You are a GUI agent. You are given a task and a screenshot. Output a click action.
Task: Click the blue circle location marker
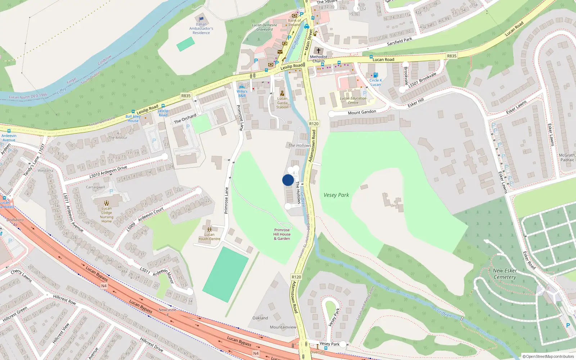coord(288,180)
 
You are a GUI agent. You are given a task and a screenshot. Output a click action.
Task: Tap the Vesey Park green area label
coord(336,195)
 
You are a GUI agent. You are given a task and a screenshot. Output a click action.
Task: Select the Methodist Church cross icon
coord(318,51)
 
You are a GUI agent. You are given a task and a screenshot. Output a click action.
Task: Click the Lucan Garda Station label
coord(282,103)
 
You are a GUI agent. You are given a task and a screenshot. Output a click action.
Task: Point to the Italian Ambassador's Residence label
coord(201,28)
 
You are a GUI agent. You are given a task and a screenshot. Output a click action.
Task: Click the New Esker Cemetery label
coord(505,274)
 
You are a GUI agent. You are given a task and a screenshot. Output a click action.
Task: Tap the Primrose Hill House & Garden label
coord(282,234)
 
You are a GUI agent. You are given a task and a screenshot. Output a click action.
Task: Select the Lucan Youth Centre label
coord(209,237)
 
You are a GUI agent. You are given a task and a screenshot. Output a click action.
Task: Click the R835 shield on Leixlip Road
coord(186,96)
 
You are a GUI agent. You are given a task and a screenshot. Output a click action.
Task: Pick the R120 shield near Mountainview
coord(296,277)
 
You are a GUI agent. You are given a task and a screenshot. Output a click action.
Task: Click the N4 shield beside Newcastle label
coord(104,286)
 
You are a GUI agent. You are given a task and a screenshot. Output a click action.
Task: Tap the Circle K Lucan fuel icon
coord(375,75)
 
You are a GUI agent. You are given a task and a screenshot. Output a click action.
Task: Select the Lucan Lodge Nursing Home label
coord(107,215)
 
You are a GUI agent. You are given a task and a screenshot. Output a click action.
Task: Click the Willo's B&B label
coord(242,93)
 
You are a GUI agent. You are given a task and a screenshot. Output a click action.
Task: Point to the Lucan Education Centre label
coord(353,100)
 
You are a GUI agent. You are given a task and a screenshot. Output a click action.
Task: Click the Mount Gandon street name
coord(362,112)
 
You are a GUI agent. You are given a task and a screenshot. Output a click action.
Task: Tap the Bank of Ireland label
coord(294,23)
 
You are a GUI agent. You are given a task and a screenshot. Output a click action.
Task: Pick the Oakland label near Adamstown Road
coord(260,318)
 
